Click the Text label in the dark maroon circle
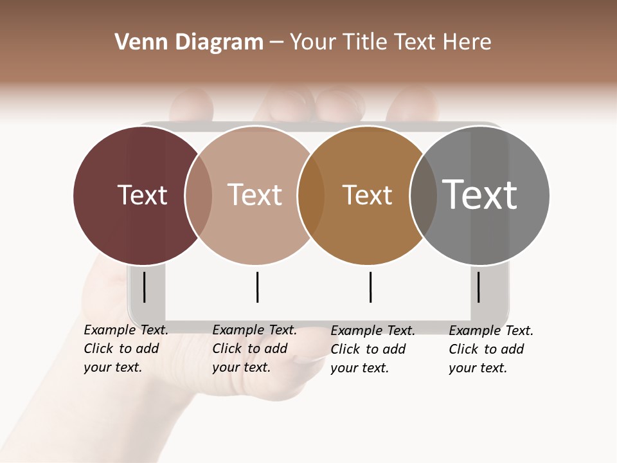[x=142, y=195]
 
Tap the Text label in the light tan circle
[x=255, y=195]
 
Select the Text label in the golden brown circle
[x=367, y=195]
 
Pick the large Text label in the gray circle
[x=480, y=195]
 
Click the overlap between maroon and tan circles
[x=199, y=195]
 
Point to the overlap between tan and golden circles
[x=311, y=195]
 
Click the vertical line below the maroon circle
[x=144, y=287]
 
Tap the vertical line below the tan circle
[x=257, y=287]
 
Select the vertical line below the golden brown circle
[x=370, y=287]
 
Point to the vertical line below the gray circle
[x=478, y=287]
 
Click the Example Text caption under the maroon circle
[x=125, y=349]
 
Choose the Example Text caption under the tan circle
[x=254, y=349]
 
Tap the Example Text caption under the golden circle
[x=372, y=349]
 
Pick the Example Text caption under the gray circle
[x=490, y=349]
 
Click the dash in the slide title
[x=276, y=43]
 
